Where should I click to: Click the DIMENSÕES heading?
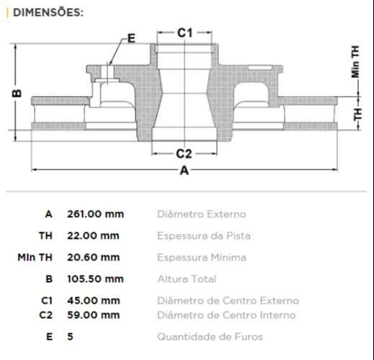48,12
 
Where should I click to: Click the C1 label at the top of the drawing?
185,32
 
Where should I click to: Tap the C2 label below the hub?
184,153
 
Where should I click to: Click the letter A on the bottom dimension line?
184,171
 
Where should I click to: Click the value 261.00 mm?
95,214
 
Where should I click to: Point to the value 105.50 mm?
95,279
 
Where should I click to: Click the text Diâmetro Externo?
201,214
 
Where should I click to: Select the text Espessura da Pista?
203,236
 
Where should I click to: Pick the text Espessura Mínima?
202,258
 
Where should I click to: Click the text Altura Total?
187,279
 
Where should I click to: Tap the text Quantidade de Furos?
210,337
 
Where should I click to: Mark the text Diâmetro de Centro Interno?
226,315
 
